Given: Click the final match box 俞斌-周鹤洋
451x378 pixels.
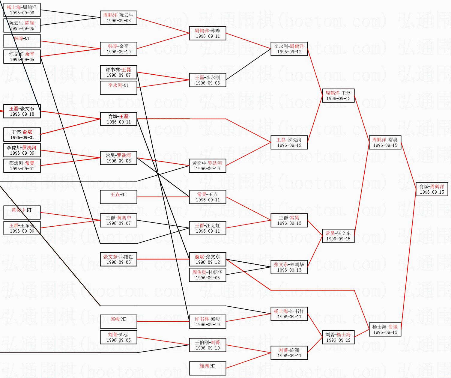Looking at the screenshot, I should pyautogui.click(x=432, y=189).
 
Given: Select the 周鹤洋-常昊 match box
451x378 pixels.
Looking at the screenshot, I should pyautogui.click(x=385, y=142).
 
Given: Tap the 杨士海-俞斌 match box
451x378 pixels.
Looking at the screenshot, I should pyautogui.click(x=385, y=329).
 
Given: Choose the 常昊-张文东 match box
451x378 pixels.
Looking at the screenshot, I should pyautogui.click(x=338, y=236).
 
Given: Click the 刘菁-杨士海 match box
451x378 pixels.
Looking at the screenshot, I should pyautogui.click(x=338, y=337).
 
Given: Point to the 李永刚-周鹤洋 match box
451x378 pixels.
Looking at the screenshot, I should pyautogui.click(x=289, y=49).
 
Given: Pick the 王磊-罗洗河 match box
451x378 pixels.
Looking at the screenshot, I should pyautogui.click(x=289, y=142).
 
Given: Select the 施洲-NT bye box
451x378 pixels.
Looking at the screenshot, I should pyautogui.click(x=208, y=368).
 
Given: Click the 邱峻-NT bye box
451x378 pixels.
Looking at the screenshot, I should pyautogui.click(x=118, y=322).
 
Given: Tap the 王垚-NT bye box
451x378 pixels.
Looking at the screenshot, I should pyautogui.click(x=118, y=197).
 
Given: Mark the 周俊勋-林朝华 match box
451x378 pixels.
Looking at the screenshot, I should pyautogui.click(x=208, y=275).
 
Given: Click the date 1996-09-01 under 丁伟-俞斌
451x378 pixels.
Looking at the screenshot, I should pyautogui.click(x=22, y=138).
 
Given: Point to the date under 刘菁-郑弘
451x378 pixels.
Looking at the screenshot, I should pyautogui.click(x=118, y=340).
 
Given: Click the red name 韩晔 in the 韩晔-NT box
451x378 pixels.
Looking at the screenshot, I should pyautogui.click(x=19, y=38).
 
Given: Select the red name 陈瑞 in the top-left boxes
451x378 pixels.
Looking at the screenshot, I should pyautogui.click(x=30, y=23).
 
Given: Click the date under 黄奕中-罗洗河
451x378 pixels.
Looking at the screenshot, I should pyautogui.click(x=208, y=169).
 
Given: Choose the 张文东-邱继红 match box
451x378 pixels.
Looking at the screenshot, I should pyautogui.click(x=118, y=259).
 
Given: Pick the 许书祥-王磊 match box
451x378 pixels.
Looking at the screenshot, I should pyautogui.click(x=118, y=72).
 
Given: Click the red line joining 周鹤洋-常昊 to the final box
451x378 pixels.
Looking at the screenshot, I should pyautogui.click(x=408, y=165).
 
